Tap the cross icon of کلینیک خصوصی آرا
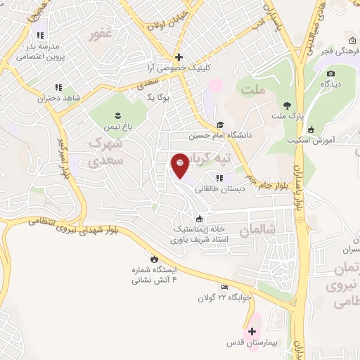click(x=179, y=57)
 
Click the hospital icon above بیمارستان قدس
click(x=252, y=330)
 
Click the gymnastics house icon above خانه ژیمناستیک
click(x=200, y=218)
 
